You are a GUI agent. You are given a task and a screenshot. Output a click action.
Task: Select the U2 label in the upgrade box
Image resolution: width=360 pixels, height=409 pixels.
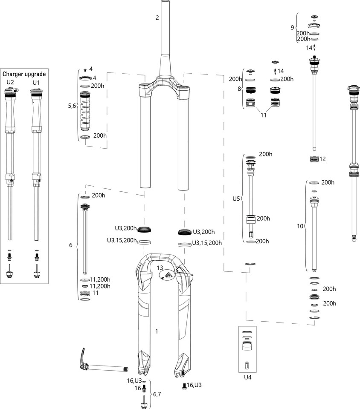point(10,81)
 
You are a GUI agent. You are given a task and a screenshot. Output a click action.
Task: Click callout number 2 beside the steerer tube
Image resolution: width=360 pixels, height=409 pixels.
point(157,17)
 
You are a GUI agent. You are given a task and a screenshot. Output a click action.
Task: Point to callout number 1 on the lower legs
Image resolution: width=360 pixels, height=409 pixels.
point(157,331)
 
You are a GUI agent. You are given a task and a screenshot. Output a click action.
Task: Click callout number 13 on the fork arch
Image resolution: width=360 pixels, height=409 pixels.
point(160,268)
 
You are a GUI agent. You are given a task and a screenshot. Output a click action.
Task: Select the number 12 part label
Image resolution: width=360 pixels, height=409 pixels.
point(322,159)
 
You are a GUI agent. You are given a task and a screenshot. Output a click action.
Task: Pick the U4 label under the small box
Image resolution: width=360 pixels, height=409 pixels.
point(247,377)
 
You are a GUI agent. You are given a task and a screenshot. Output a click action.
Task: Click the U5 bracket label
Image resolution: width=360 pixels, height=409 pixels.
point(236,199)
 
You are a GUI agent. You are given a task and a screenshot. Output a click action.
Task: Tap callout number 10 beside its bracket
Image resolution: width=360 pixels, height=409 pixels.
point(300,226)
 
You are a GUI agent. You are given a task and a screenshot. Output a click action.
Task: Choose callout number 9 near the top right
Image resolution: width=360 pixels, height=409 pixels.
point(292,28)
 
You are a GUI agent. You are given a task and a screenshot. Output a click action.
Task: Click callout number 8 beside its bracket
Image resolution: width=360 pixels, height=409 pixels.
point(239,89)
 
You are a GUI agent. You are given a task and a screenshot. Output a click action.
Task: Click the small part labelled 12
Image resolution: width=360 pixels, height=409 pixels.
point(314,159)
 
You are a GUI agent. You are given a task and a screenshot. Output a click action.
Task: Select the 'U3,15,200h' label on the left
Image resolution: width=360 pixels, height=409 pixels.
point(122,241)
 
